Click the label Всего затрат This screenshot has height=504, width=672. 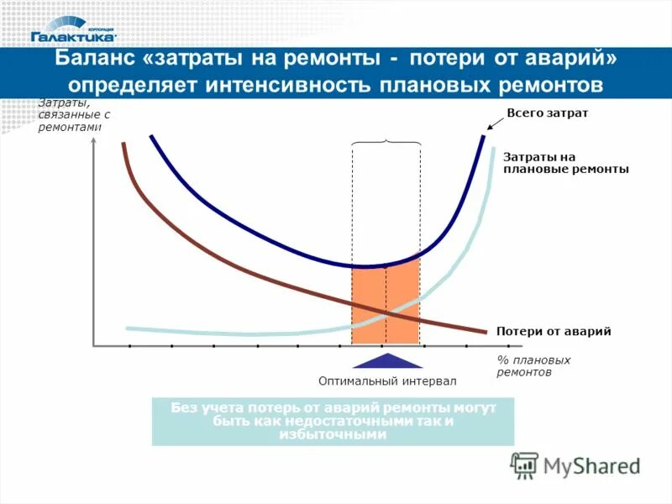point(548,113)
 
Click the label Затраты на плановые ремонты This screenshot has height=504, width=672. point(565,162)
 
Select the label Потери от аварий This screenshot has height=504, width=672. point(553,331)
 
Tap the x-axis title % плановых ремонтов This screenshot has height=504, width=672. point(533,365)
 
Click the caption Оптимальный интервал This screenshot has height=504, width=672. point(388,381)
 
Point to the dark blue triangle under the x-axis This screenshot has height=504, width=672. point(386,361)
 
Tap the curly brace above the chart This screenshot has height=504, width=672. point(385,142)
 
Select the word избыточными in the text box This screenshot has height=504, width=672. point(333,435)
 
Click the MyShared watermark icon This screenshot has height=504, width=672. point(524,465)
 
